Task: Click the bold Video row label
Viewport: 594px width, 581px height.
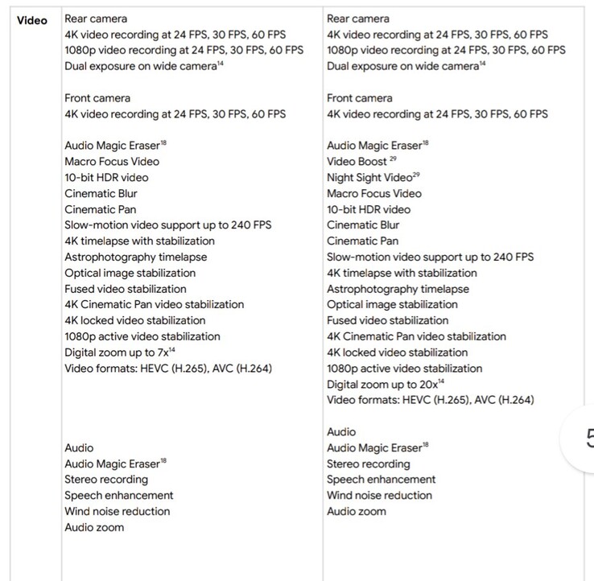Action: tap(32, 20)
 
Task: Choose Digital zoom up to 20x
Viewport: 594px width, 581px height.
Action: tap(384, 384)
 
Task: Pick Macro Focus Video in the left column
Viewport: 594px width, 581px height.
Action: tap(111, 162)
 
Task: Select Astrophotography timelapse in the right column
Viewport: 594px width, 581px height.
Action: tap(398, 289)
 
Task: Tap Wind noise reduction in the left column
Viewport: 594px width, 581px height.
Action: tap(118, 511)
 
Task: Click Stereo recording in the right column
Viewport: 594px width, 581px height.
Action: tap(368, 464)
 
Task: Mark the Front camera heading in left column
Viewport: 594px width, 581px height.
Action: tap(97, 98)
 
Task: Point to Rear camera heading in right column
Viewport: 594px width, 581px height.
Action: tap(357, 19)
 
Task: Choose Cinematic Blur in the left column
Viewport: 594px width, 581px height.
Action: tap(101, 193)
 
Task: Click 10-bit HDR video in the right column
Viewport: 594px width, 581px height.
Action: tap(368, 209)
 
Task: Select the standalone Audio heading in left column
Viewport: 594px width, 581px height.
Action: tap(79, 447)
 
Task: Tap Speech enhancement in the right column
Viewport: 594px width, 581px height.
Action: tap(381, 480)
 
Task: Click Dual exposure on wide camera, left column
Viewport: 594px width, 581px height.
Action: tap(142, 66)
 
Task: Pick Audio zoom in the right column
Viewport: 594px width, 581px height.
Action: tap(356, 511)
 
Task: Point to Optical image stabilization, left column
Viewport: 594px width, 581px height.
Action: tap(130, 273)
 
